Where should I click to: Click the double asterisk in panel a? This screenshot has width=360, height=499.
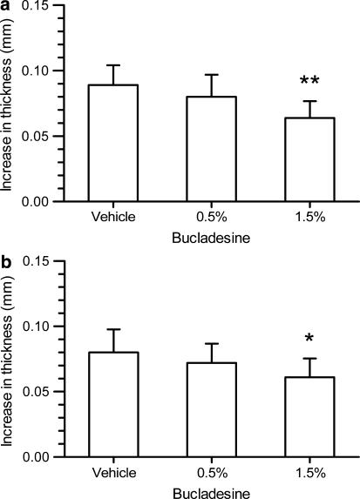tap(309, 82)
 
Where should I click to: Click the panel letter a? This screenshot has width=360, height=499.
tap(6, 6)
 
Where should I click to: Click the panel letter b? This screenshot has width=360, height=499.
tap(6, 261)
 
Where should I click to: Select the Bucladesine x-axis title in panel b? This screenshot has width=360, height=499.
tap(211, 491)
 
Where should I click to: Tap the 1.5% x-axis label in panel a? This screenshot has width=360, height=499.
tap(309, 217)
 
